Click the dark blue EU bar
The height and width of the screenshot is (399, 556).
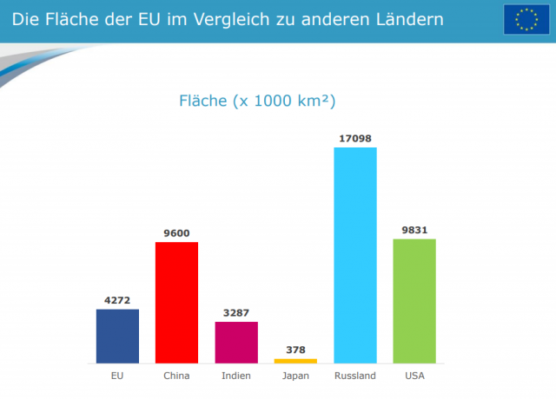pyautogui.click(x=117, y=336)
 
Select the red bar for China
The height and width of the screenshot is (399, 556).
pyautogui.click(x=177, y=302)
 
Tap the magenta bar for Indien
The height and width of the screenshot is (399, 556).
pyautogui.click(x=236, y=342)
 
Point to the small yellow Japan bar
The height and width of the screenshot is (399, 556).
pyautogui.click(x=295, y=360)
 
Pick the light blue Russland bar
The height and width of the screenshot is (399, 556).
pyautogui.click(x=355, y=255)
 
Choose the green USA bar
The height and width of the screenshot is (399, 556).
pyautogui.click(x=414, y=300)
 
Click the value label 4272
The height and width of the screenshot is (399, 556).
pyautogui.click(x=117, y=300)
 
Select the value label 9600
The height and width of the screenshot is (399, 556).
pyautogui.click(x=177, y=232)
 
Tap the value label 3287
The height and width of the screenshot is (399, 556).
pyautogui.click(x=236, y=312)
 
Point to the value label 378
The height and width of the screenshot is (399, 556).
pyautogui.click(x=295, y=350)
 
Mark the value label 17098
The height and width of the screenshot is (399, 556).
pyautogui.click(x=355, y=138)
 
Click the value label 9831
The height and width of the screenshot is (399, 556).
pyautogui.click(x=414, y=230)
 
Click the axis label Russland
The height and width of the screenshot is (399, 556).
pyautogui.click(x=355, y=376)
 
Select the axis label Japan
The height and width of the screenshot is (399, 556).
pyautogui.click(x=295, y=376)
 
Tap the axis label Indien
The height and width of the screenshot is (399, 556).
pyautogui.click(x=236, y=376)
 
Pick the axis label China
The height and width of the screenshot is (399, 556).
pyautogui.click(x=177, y=376)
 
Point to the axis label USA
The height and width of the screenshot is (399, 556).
pyautogui.click(x=414, y=376)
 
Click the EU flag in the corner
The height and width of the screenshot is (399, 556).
pyautogui.click(x=525, y=19)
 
